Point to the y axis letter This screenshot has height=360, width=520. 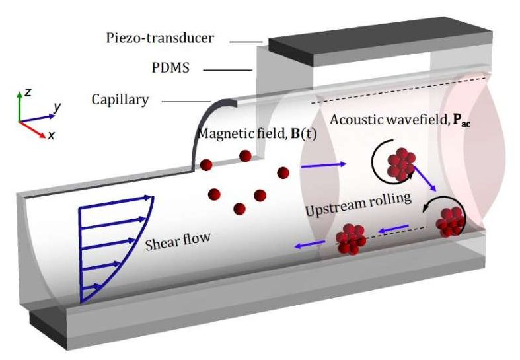[59, 106]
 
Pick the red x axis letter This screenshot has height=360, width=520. [50, 135]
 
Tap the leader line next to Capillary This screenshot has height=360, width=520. [184, 101]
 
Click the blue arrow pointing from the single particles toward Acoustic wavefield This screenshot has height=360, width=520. [322, 164]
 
